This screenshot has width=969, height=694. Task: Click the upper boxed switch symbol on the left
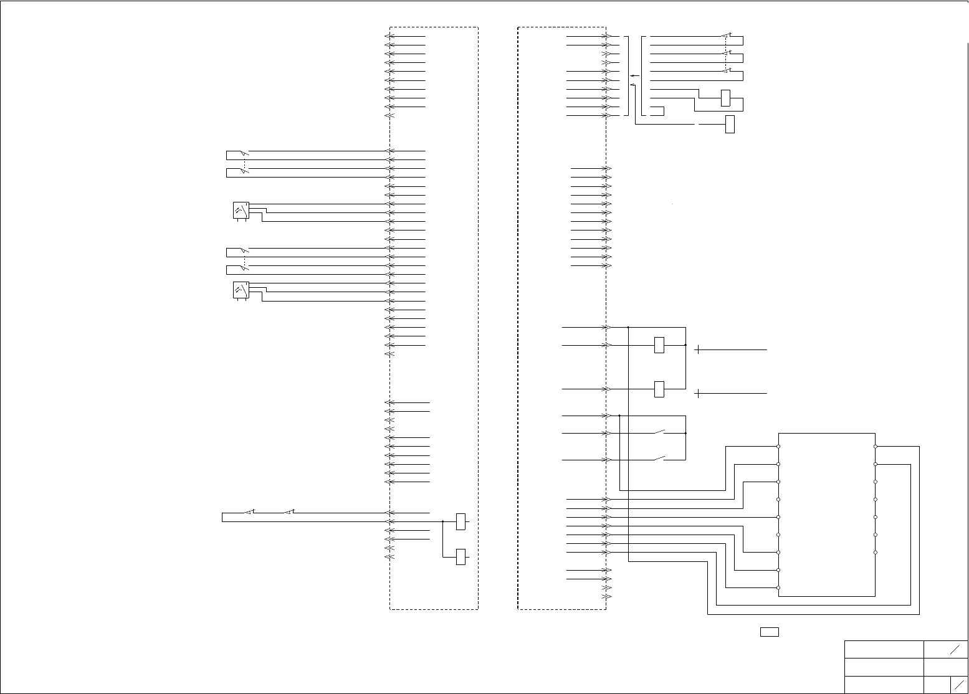click(241, 211)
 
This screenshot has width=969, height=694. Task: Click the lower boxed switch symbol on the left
click(241, 290)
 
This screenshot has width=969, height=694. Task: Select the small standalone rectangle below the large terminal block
click(770, 632)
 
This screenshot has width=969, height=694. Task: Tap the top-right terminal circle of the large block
click(876, 447)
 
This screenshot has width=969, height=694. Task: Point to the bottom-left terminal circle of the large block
click(778, 588)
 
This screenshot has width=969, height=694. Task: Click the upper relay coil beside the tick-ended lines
click(659, 345)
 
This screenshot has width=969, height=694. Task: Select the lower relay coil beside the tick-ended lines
click(659, 389)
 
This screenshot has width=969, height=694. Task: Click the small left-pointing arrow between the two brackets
click(634, 75)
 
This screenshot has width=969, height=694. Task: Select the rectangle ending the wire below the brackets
click(730, 124)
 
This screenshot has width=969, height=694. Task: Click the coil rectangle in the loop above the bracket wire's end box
click(725, 98)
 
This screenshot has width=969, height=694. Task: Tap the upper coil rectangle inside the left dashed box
click(461, 521)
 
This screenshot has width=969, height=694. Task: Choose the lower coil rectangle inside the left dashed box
click(461, 556)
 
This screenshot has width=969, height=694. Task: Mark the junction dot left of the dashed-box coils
click(442, 521)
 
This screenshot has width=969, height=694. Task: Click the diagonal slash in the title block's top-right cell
click(955, 649)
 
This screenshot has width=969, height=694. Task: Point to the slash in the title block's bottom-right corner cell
click(959, 684)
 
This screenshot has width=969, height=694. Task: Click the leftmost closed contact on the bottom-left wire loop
click(249, 512)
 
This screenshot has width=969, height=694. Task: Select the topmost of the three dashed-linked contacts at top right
click(726, 36)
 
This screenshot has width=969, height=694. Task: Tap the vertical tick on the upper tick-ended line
click(698, 349)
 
